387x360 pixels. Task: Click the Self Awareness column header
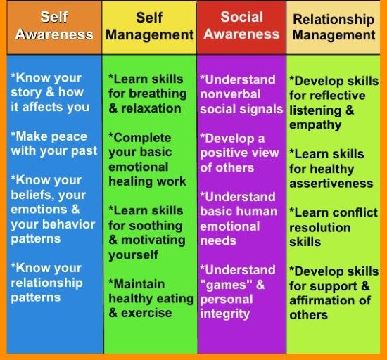pos(54,25)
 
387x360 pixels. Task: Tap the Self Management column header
pos(149,26)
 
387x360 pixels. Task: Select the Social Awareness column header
pos(241,25)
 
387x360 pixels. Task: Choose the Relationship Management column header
pos(334,27)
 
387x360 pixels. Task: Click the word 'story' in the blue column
pos(26,93)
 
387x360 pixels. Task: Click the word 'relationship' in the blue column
pos(46,283)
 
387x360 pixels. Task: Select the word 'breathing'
pos(158,94)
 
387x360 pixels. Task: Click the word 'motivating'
pos(153,240)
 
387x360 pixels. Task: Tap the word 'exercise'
pos(146,313)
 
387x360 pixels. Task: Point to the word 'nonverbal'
pos(230,94)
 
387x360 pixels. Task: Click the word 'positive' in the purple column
pos(224,153)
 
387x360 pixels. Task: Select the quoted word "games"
pos(226,285)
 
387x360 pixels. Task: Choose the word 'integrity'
pos(225,314)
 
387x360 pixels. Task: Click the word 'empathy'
pos(315,125)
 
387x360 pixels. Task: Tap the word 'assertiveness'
pos(331,184)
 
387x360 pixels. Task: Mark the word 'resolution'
pos(320,227)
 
